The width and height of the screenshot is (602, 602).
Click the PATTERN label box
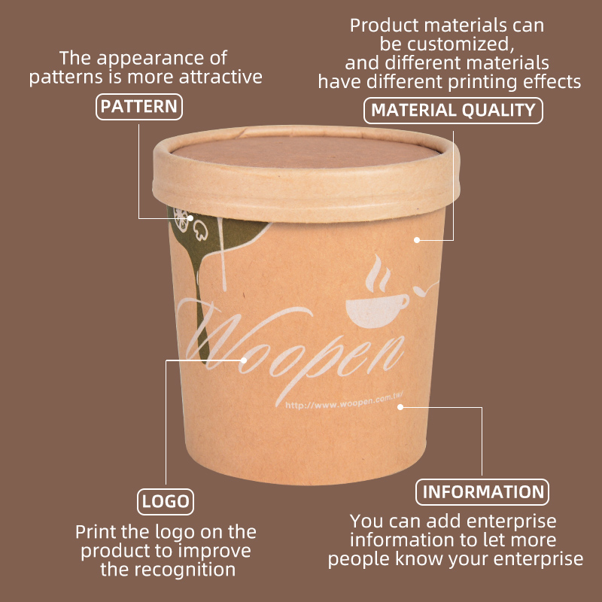pyautogui.click(x=139, y=107)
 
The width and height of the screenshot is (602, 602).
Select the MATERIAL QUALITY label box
pyautogui.click(x=453, y=110)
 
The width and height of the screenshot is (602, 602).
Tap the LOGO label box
pyautogui.click(x=166, y=501)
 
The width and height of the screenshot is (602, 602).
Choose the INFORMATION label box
pyautogui.click(x=482, y=492)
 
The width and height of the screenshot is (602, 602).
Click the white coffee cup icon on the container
pyautogui.click(x=376, y=310)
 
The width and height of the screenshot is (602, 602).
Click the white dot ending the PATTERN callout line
pyautogui.click(x=190, y=218)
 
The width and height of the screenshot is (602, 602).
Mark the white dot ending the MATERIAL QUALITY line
pyautogui.click(x=417, y=240)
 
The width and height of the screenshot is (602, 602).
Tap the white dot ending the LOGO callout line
pyautogui.click(x=243, y=360)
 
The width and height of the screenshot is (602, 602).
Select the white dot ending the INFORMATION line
pyautogui.click(x=400, y=407)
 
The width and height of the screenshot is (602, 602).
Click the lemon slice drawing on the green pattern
pyautogui.click(x=181, y=220)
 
